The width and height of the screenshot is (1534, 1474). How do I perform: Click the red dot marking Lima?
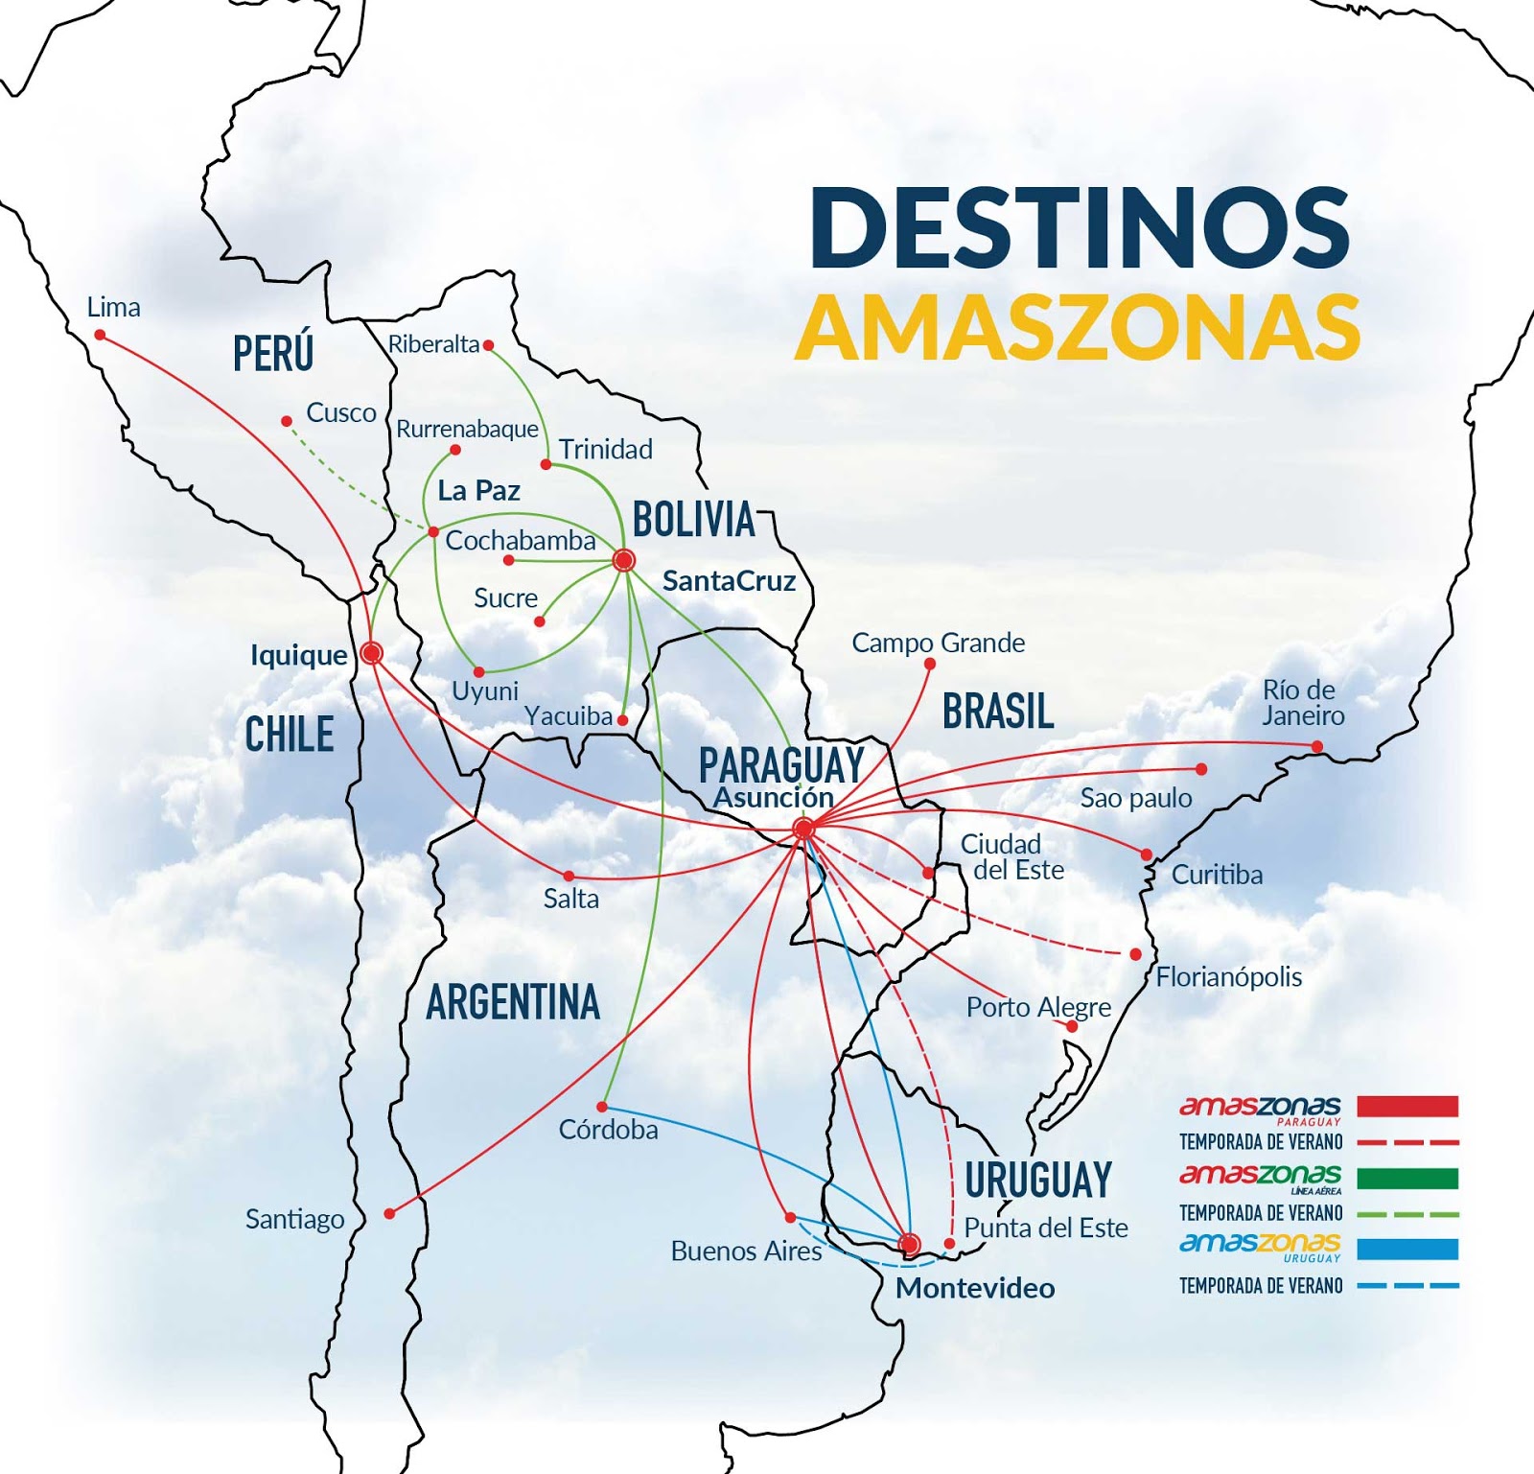[100, 335]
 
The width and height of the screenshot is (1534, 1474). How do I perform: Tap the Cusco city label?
[340, 412]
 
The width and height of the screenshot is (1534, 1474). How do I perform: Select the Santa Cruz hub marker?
[623, 560]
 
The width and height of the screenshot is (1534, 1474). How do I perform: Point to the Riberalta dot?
[488, 345]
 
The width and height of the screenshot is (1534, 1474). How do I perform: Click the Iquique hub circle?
[372, 653]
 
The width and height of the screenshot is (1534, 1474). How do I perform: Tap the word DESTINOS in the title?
[1080, 227]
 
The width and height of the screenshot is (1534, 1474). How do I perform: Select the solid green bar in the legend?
[1407, 1178]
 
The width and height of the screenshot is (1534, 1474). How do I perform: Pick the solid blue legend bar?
[1407, 1249]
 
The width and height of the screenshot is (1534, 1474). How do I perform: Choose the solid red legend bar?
[1407, 1106]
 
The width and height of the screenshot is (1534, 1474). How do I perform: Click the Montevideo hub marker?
[909, 1244]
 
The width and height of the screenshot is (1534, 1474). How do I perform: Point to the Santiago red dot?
[389, 1213]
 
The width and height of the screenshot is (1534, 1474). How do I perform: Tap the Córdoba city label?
[608, 1130]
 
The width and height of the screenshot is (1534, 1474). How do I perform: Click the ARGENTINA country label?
[513, 1003]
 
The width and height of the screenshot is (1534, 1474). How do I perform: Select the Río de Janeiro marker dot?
[1317, 746]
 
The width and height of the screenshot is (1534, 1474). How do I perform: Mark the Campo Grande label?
[938, 643]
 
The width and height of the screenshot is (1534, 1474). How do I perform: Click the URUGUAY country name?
[1038, 1180]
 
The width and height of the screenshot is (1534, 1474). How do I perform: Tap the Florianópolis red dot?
[1136, 954]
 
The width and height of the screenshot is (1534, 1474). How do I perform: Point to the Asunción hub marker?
[803, 828]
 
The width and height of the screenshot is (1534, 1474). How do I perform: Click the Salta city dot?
[569, 876]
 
